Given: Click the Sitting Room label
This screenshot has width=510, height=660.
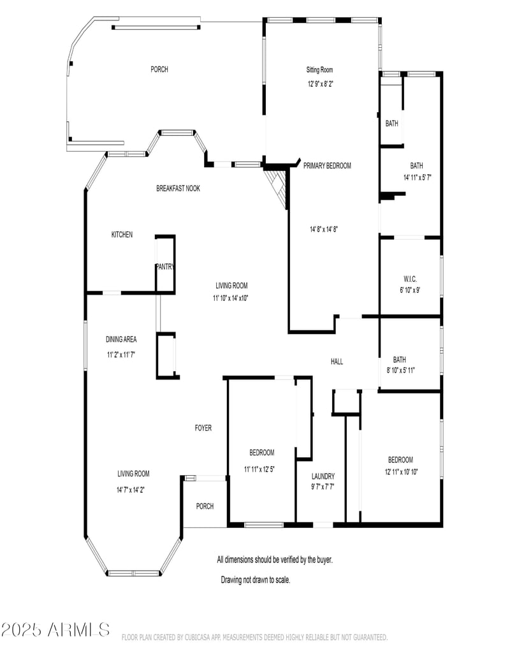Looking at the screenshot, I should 320,70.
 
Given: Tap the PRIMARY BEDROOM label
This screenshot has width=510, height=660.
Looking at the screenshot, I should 327,166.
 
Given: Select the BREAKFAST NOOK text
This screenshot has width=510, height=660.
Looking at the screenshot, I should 178,188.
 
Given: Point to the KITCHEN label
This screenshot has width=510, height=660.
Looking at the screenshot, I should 122,235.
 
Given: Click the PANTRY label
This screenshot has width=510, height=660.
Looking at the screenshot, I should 166,267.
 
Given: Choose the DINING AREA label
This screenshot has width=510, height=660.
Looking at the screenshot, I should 121,339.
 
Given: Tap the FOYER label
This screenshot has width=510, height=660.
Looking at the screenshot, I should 203,428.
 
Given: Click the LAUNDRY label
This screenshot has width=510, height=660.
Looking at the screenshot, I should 323,476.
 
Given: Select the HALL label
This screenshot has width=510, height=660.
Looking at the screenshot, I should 337,362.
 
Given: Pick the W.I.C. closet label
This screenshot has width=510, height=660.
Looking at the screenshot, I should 409,279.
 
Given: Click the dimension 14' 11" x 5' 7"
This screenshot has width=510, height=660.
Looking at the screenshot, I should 418,177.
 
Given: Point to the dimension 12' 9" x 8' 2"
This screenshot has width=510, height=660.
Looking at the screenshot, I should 321,84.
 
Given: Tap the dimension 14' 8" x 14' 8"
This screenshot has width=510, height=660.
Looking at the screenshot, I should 328,229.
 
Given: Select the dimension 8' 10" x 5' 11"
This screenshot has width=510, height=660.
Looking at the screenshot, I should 400,370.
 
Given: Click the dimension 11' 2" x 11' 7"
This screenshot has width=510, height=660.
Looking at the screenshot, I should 121,354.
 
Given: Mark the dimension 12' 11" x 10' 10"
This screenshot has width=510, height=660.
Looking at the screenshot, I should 401,472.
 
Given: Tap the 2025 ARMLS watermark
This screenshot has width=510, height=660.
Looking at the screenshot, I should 55,630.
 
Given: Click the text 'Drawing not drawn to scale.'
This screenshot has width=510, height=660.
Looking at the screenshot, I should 256,580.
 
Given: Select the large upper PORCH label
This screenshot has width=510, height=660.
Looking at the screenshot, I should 159,70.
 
